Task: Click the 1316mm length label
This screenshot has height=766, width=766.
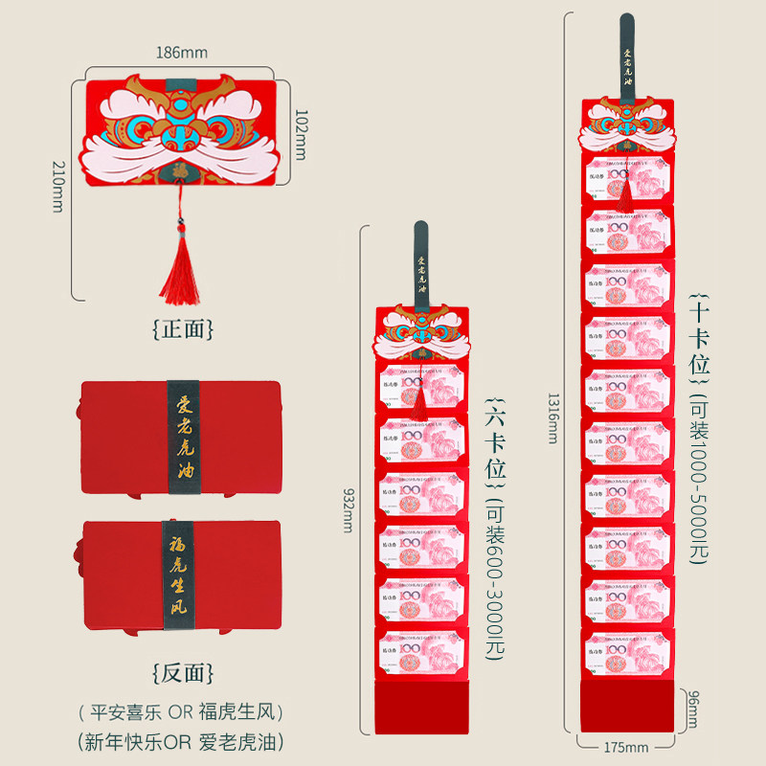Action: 552,420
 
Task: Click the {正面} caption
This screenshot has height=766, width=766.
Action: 182,328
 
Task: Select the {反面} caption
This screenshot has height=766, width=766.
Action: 182,671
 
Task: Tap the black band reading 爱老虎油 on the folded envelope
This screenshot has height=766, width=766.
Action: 180,437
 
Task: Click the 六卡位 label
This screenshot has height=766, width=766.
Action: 494,437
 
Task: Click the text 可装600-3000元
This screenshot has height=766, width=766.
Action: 494,578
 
